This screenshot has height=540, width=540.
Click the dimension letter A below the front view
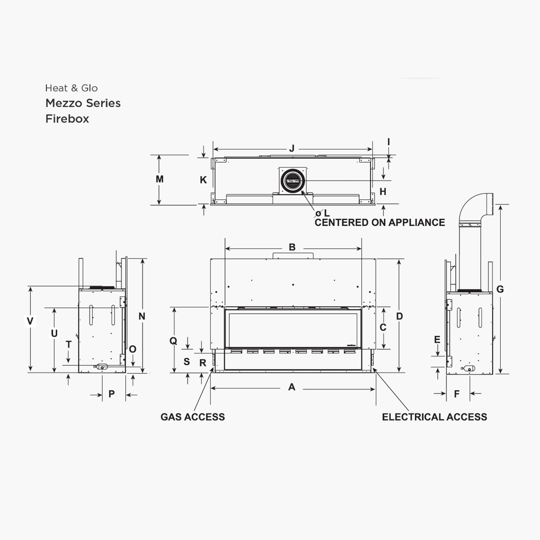click(292, 387)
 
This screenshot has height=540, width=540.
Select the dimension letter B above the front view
click(292, 247)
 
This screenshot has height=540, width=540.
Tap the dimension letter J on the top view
click(292, 149)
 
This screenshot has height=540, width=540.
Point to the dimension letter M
click(159, 179)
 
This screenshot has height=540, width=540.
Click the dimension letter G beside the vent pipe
click(500, 289)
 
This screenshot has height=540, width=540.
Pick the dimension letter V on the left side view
click(30, 321)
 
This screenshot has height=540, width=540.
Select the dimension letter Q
click(173, 341)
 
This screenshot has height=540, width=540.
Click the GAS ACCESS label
click(193, 417)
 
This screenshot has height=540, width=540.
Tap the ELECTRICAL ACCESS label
click(434, 417)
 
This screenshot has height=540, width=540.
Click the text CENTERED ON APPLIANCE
click(380, 223)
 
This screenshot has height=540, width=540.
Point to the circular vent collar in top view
click(293, 181)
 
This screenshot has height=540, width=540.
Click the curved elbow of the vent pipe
click(474, 206)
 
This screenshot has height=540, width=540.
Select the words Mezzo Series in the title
click(83, 103)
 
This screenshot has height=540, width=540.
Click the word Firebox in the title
click(67, 119)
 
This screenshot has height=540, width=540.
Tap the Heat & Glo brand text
click(71, 88)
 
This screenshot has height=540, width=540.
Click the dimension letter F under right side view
click(457, 394)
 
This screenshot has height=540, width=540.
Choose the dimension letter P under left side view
click(111, 394)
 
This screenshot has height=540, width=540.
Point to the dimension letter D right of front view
click(399, 316)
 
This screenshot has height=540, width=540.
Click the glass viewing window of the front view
click(293, 329)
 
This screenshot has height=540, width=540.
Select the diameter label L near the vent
click(326, 213)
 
